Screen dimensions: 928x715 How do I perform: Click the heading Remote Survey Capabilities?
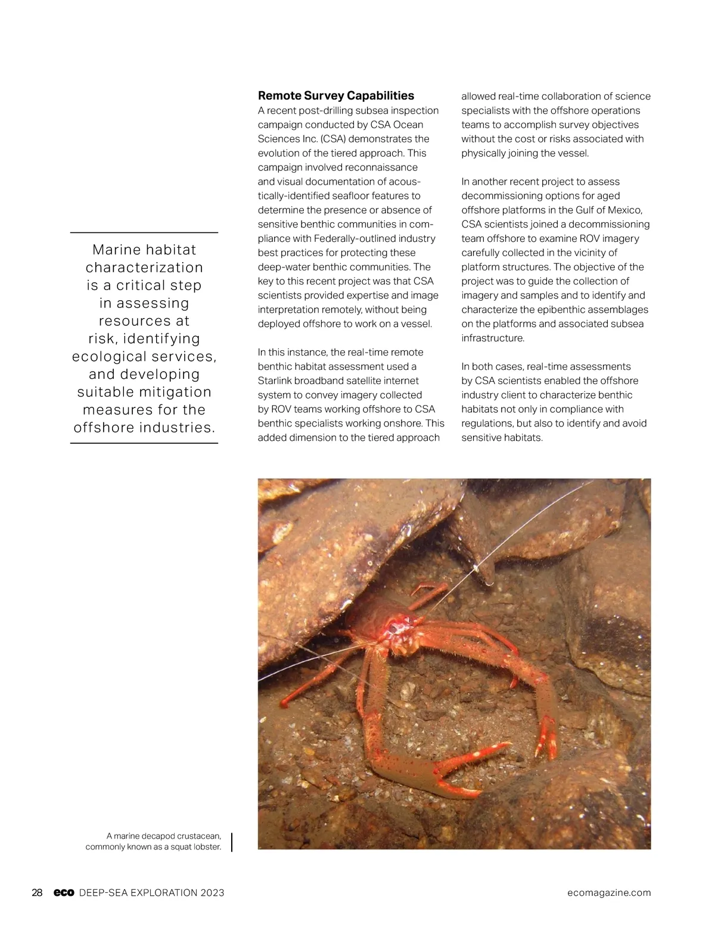point(335,96)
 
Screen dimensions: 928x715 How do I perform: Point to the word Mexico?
point(624,210)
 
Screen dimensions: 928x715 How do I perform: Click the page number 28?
point(37,892)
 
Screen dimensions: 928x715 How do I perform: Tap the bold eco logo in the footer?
point(63,892)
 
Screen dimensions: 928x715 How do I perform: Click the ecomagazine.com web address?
point(609,892)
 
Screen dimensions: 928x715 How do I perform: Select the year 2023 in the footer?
point(212,892)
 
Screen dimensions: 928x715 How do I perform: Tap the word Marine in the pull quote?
point(117,250)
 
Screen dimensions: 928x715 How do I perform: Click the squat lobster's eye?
point(393,628)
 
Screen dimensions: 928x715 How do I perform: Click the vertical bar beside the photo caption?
point(231,842)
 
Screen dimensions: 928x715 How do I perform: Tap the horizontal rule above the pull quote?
point(144,232)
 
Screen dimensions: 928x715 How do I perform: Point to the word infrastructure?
point(492,338)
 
